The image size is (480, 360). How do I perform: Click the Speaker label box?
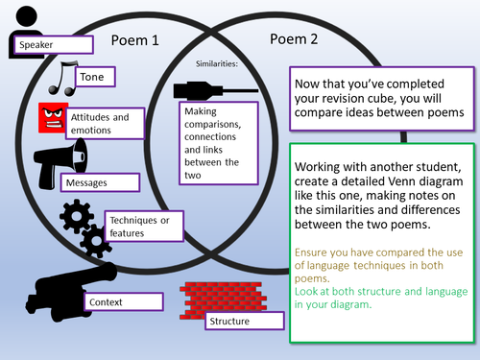point(54,44)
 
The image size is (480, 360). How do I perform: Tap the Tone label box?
point(95,77)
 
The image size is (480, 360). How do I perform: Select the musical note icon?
point(61,79)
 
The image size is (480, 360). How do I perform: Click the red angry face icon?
point(53,117)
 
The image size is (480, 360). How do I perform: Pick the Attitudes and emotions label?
point(106,123)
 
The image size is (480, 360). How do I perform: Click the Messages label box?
point(100,182)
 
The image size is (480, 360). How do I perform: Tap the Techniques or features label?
point(144,226)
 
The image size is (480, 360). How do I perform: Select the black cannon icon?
point(71,291)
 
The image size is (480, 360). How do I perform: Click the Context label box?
point(124,301)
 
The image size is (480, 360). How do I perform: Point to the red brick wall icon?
point(223,300)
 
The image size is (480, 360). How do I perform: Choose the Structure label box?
point(245,321)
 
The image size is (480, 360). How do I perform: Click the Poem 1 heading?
point(134,40)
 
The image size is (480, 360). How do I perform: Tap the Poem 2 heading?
point(294,39)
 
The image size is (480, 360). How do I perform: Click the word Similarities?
point(217,63)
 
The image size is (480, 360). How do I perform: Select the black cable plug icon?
point(216,91)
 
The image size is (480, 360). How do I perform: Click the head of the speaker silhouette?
point(27,16)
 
